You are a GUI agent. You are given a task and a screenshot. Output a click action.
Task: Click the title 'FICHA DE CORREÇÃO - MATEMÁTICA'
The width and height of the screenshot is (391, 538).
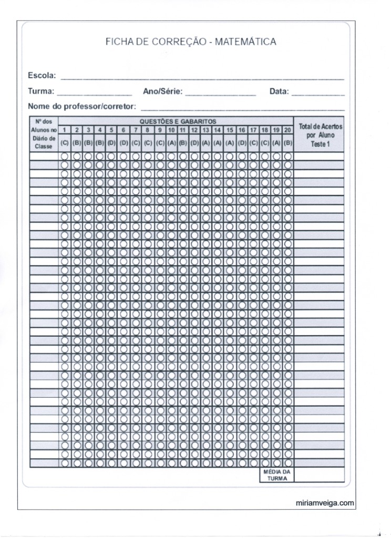(x=191, y=42)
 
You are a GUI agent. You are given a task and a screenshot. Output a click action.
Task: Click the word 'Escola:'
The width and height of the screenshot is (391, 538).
(x=42, y=76)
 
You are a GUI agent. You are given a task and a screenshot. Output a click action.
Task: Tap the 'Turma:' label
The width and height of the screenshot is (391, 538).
(x=41, y=91)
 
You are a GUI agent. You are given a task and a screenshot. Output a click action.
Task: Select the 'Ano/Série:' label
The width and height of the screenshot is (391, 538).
(x=162, y=91)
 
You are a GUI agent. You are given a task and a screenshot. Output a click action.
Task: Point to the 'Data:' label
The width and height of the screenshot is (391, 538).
(x=279, y=91)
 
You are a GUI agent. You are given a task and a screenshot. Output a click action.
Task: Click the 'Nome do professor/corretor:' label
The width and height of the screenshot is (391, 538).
(x=83, y=107)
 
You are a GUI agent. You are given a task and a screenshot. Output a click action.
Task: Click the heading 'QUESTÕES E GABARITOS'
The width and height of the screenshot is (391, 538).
(x=178, y=121)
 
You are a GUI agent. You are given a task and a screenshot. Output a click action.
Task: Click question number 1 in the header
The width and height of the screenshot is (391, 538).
(x=64, y=130)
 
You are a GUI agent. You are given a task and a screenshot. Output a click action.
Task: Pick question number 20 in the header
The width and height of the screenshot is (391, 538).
(x=287, y=130)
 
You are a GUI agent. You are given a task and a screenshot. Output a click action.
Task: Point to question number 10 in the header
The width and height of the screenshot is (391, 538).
(x=171, y=130)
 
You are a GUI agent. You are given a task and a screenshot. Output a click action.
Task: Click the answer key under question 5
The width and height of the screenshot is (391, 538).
(x=111, y=142)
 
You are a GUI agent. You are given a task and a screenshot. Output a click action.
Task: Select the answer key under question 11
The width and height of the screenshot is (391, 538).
(x=183, y=142)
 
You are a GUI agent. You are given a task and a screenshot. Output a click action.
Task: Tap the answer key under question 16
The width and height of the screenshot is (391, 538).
(x=242, y=142)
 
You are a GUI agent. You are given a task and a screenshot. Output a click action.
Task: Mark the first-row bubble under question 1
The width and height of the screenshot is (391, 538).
(x=64, y=156)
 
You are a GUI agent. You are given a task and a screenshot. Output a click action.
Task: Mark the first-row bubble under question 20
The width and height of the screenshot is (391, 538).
(x=287, y=156)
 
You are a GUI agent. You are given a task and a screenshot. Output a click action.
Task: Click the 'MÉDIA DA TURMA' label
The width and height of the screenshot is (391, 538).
(x=277, y=475)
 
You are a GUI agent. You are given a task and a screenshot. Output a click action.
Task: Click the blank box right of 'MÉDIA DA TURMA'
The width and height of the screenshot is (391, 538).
(x=319, y=475)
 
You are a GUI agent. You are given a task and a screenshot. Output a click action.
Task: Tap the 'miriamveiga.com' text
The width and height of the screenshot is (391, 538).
(x=325, y=503)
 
